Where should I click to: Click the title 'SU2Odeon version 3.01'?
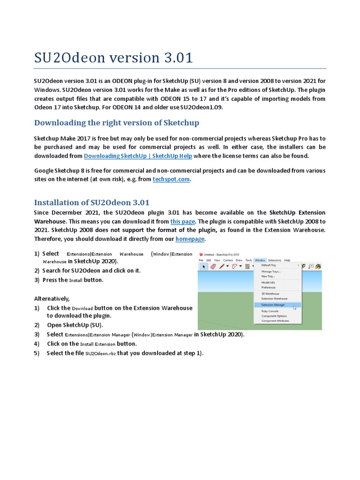[x=113, y=58]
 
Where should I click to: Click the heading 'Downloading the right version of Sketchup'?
[x=117, y=123]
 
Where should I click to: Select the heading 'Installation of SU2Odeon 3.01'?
[x=92, y=202]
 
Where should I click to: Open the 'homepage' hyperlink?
[x=190, y=239]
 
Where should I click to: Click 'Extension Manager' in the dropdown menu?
[x=273, y=305]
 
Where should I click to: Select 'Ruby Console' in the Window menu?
[x=270, y=311]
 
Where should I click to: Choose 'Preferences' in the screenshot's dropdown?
[x=269, y=287]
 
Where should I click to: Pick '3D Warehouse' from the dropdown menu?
[x=270, y=293]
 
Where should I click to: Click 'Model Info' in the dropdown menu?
[x=268, y=282]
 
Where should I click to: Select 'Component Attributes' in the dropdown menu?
[x=275, y=321]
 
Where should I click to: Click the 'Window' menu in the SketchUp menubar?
[x=260, y=260]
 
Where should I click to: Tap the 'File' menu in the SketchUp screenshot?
[x=201, y=260]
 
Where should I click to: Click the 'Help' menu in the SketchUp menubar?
[x=287, y=260]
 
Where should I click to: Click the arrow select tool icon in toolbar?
[x=203, y=266]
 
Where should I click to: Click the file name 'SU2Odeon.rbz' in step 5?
[x=100, y=353]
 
